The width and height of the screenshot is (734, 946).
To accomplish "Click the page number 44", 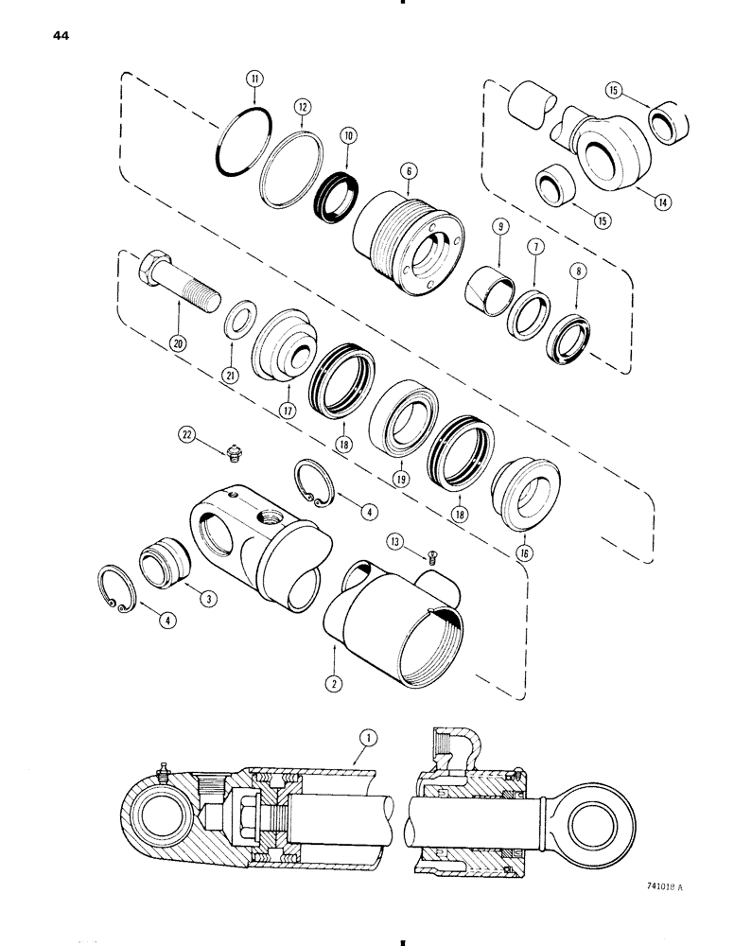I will (x=55, y=37).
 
